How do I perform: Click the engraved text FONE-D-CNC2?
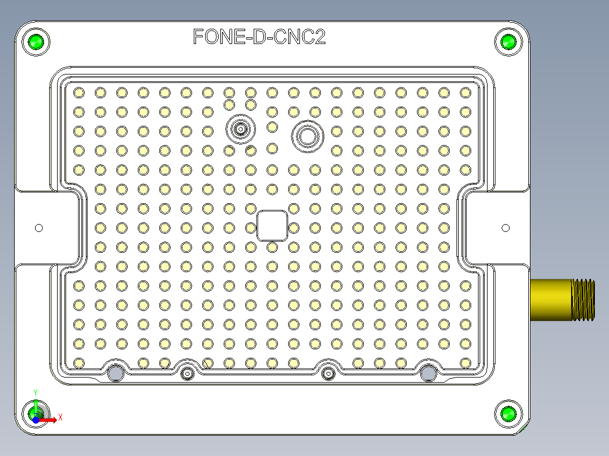[x=259, y=37]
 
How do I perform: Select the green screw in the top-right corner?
[x=508, y=42]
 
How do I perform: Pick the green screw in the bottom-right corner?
[x=508, y=414]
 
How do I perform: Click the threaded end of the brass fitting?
[x=584, y=300]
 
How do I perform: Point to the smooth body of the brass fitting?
[x=551, y=300]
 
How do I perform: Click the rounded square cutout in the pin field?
[x=272, y=226]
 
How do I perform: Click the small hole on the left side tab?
[x=39, y=228]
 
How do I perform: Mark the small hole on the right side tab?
[x=506, y=228]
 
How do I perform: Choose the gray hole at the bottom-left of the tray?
[x=116, y=372]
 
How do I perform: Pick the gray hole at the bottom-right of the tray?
[x=428, y=372]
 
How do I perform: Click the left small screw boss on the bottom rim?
[x=187, y=373]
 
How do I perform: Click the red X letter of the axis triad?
[x=60, y=417]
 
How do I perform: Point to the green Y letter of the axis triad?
[x=36, y=391]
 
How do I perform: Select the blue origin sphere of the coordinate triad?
[x=36, y=420]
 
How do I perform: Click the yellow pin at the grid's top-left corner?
[x=79, y=92]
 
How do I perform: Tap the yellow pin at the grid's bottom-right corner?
[x=465, y=363]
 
